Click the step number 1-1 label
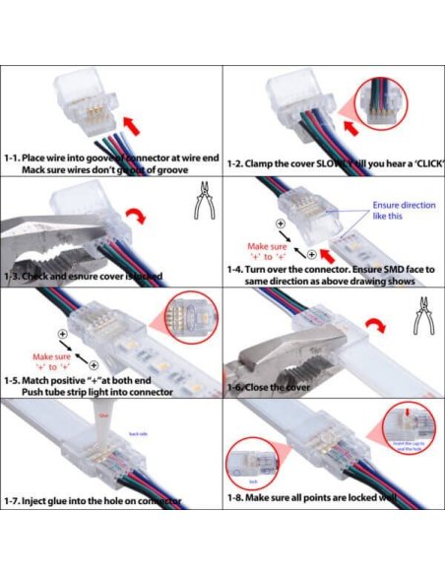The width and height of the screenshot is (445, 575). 13,157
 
